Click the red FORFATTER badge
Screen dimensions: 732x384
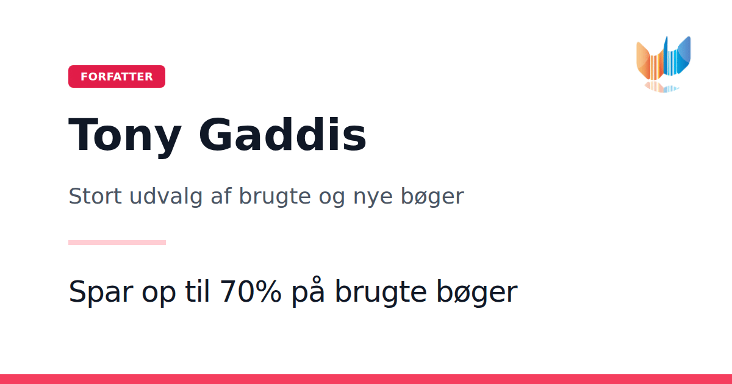tap(117, 76)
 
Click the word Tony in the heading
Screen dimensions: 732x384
tap(124, 135)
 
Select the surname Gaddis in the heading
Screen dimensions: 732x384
tap(282, 134)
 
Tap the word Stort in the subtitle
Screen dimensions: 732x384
tap(95, 196)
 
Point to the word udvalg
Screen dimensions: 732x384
tap(166, 196)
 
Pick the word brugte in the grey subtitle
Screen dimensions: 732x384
tap(274, 196)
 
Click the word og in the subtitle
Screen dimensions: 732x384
tap(332, 199)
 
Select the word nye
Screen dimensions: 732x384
tap(373, 199)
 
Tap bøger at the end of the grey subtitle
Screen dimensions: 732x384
tap(432, 196)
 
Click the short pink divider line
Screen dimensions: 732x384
tap(117, 243)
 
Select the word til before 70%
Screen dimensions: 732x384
tap(197, 290)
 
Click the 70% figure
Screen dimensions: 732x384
tap(250, 291)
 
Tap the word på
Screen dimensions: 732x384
tap(308, 291)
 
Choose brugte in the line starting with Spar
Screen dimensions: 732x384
tap(381, 292)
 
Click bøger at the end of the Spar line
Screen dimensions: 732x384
tap(477, 292)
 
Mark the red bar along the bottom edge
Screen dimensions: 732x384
tap(366, 379)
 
